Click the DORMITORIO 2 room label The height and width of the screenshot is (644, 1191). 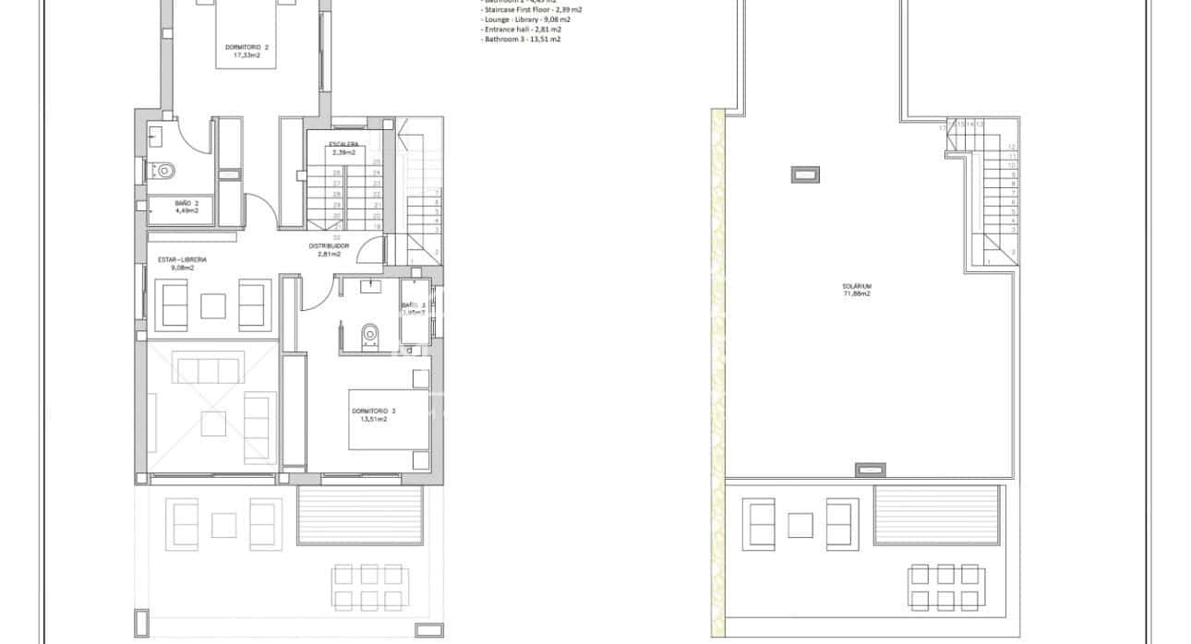click(247, 47)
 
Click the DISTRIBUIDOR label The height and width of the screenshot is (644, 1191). click(329, 246)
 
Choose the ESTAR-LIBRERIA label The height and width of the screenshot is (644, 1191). click(182, 260)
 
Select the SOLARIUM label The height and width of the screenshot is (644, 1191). click(856, 286)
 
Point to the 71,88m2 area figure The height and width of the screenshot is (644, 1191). click(856, 294)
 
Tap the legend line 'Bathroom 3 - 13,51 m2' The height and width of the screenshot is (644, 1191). click(522, 40)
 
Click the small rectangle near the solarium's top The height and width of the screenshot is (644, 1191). click(804, 173)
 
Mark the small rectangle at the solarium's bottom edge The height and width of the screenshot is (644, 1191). click(869, 470)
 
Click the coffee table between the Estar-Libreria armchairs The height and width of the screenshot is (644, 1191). click(214, 305)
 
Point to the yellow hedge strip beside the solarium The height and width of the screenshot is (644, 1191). click(716, 369)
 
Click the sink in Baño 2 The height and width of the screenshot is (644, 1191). click(154, 137)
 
